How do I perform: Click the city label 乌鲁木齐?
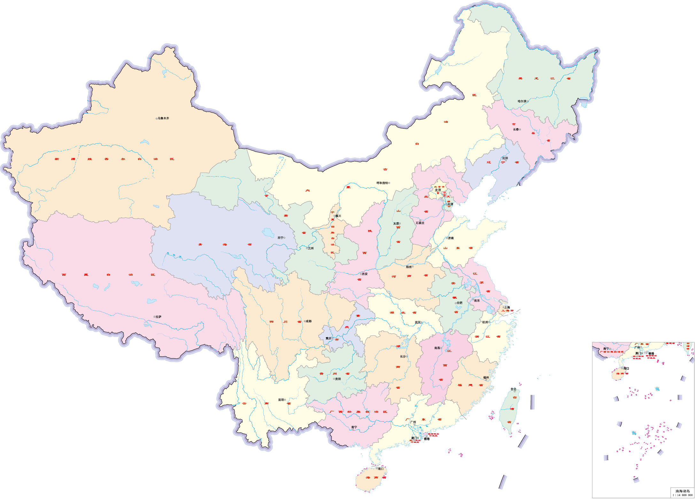point(163,118)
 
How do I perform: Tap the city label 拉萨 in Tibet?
point(158,317)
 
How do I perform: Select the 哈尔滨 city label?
point(522,101)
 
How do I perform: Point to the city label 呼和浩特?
point(382,183)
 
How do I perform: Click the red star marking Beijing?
point(438,193)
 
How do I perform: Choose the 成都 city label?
point(308,321)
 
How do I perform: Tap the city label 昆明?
point(281,400)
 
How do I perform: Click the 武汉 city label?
point(418,322)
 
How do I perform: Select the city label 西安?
point(365,274)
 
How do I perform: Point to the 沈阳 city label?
point(505,158)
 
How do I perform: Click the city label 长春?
point(516,130)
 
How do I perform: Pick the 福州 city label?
point(486,378)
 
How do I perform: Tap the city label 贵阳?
point(338,379)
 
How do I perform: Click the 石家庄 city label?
point(420,223)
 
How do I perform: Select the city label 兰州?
point(311,248)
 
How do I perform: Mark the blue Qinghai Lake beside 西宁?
point(268,233)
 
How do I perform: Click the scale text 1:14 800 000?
point(682,495)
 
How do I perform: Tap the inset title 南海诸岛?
point(682,491)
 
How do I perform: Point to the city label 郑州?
point(409,267)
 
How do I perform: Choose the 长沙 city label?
point(403,356)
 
